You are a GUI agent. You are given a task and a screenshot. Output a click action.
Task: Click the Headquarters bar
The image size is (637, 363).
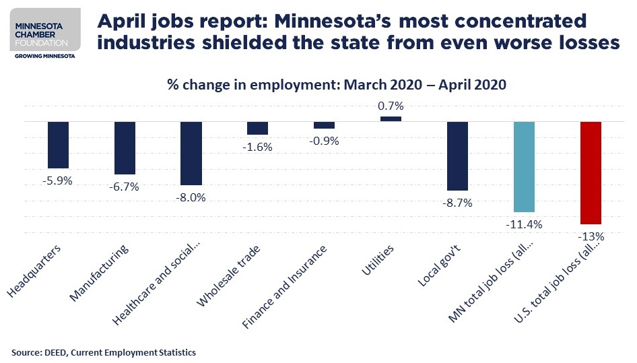[x=59, y=145]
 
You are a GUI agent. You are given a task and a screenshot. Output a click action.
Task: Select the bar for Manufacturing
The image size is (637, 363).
[x=125, y=148]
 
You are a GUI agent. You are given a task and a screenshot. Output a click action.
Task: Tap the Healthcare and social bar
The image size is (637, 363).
[x=191, y=154]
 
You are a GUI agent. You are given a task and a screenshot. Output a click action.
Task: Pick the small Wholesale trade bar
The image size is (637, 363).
[x=257, y=128]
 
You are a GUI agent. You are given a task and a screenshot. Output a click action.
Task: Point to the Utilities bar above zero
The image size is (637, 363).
[x=391, y=119]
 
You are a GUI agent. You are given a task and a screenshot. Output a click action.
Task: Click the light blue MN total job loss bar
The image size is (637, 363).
[x=524, y=167]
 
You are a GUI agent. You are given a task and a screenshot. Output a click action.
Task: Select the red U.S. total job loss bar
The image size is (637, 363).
[x=590, y=173]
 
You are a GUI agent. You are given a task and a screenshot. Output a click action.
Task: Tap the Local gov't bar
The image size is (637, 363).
[x=457, y=156]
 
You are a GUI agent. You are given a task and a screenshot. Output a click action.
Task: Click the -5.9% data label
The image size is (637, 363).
[x=59, y=180]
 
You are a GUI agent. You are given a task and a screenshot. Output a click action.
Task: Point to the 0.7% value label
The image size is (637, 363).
[x=391, y=106]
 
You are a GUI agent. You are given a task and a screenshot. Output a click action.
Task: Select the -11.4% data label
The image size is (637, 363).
[x=524, y=224]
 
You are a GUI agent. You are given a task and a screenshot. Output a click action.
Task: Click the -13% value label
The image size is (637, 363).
[x=590, y=236]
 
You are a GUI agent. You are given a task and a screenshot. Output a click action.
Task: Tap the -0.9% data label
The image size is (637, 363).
[x=324, y=141]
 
